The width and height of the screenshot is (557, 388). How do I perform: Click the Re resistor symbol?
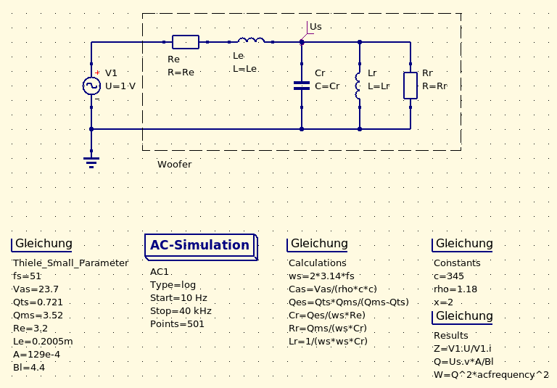pyautogui.click(x=186, y=41)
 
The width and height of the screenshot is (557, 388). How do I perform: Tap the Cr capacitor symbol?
pyautogui.click(x=302, y=86)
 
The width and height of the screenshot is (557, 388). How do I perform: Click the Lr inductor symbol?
pyautogui.click(x=358, y=86)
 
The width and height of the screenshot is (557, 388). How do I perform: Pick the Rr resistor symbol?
pyautogui.click(x=410, y=86)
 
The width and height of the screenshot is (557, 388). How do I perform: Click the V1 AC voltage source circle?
pyautogui.click(x=91, y=86)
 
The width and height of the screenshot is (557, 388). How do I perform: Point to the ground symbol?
pyautogui.click(x=91, y=162)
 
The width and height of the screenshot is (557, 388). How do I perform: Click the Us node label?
pyautogui.click(x=315, y=27)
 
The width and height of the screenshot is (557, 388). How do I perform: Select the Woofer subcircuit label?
pyautogui.click(x=175, y=165)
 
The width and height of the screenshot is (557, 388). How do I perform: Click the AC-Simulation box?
pyautogui.click(x=200, y=245)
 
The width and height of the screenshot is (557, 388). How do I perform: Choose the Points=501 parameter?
pyautogui.click(x=178, y=324)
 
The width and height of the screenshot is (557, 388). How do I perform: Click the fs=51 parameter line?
pyautogui.click(x=28, y=276)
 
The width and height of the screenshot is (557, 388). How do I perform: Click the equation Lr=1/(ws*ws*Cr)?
pyautogui.click(x=329, y=342)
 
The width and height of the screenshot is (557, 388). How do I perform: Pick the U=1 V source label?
pyautogui.click(x=120, y=86)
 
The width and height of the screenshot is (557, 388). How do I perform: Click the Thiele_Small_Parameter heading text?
pyautogui.click(x=70, y=263)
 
